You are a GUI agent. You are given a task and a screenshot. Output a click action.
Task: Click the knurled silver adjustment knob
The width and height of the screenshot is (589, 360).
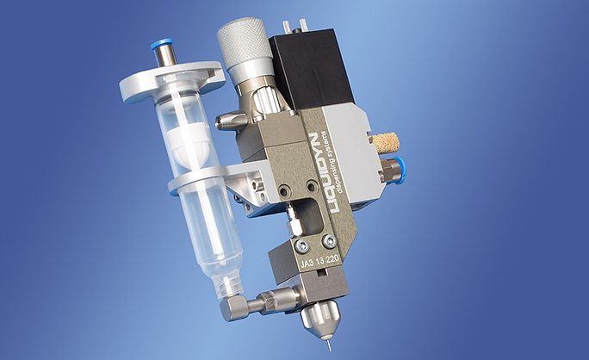tap(245, 43)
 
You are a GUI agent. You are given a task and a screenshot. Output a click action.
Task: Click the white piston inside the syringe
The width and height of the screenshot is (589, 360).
tap(190, 143)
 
